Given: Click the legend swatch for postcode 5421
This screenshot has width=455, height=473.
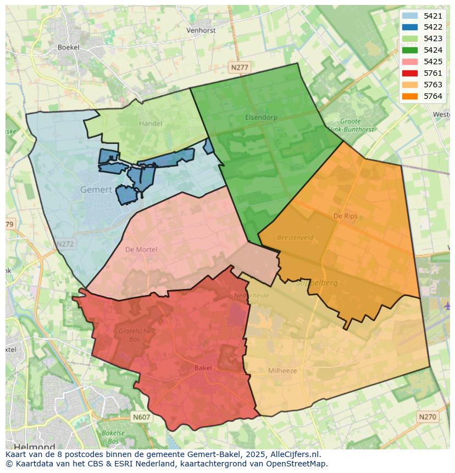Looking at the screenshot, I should [409, 16].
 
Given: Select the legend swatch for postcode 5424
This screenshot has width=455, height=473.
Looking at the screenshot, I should [409, 50].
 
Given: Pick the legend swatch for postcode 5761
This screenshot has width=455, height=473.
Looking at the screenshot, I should [409, 73].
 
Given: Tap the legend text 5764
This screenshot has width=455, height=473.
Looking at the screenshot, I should [433, 96].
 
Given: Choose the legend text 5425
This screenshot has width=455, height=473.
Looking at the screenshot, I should [433, 62].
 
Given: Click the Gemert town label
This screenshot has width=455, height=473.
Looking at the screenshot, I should [96, 190].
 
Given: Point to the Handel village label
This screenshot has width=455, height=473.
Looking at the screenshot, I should [150, 124].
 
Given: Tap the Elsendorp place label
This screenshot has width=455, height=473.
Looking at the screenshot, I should [261, 117].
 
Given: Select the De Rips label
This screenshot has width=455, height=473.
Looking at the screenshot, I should [345, 216].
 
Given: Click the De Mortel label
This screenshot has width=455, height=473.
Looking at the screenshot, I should [141, 249].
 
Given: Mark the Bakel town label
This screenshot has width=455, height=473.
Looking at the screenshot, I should [203, 368].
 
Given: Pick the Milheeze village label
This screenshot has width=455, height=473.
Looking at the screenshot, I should [282, 371].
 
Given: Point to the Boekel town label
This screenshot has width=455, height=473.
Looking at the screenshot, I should [69, 47].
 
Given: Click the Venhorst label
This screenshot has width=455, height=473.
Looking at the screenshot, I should [201, 30].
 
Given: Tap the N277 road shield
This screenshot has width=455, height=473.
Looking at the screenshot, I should [240, 67].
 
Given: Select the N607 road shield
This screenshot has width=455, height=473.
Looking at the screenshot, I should [141, 418].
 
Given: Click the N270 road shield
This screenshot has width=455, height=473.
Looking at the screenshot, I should [427, 417].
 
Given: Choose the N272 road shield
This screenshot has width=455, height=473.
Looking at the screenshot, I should [64, 243].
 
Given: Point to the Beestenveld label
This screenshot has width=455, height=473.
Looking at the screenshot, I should [295, 237].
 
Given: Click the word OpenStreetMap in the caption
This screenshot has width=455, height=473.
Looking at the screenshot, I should [299, 464].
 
